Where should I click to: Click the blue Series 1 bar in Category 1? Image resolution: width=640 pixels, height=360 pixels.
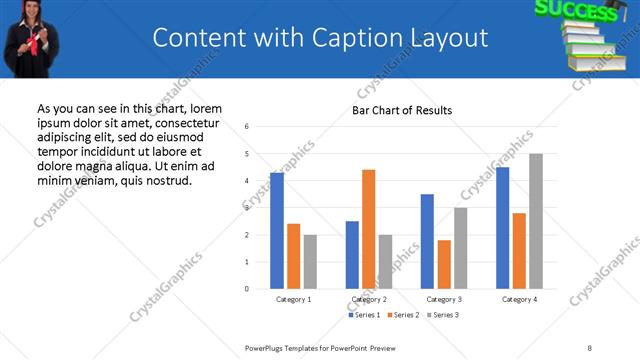coord(277,231)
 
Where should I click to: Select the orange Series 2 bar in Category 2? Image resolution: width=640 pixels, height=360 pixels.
coord(369,229)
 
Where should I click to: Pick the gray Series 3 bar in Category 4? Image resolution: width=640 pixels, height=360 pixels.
coord(536,221)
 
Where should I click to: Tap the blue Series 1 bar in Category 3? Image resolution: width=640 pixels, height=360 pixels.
coord(427,241)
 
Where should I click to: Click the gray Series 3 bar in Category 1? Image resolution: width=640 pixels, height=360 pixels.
coord(310,261)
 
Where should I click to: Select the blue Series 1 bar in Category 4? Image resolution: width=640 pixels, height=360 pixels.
coord(503,227)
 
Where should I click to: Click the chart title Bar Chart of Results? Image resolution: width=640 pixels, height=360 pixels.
coord(402,110)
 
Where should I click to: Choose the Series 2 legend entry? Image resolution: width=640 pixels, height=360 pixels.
coord(404,315)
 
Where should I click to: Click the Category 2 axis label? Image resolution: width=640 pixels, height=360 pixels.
coord(369,299)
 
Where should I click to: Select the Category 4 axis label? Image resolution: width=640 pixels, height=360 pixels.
coord(519,299)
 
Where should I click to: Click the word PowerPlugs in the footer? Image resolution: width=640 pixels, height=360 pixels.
coord(266,347)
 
